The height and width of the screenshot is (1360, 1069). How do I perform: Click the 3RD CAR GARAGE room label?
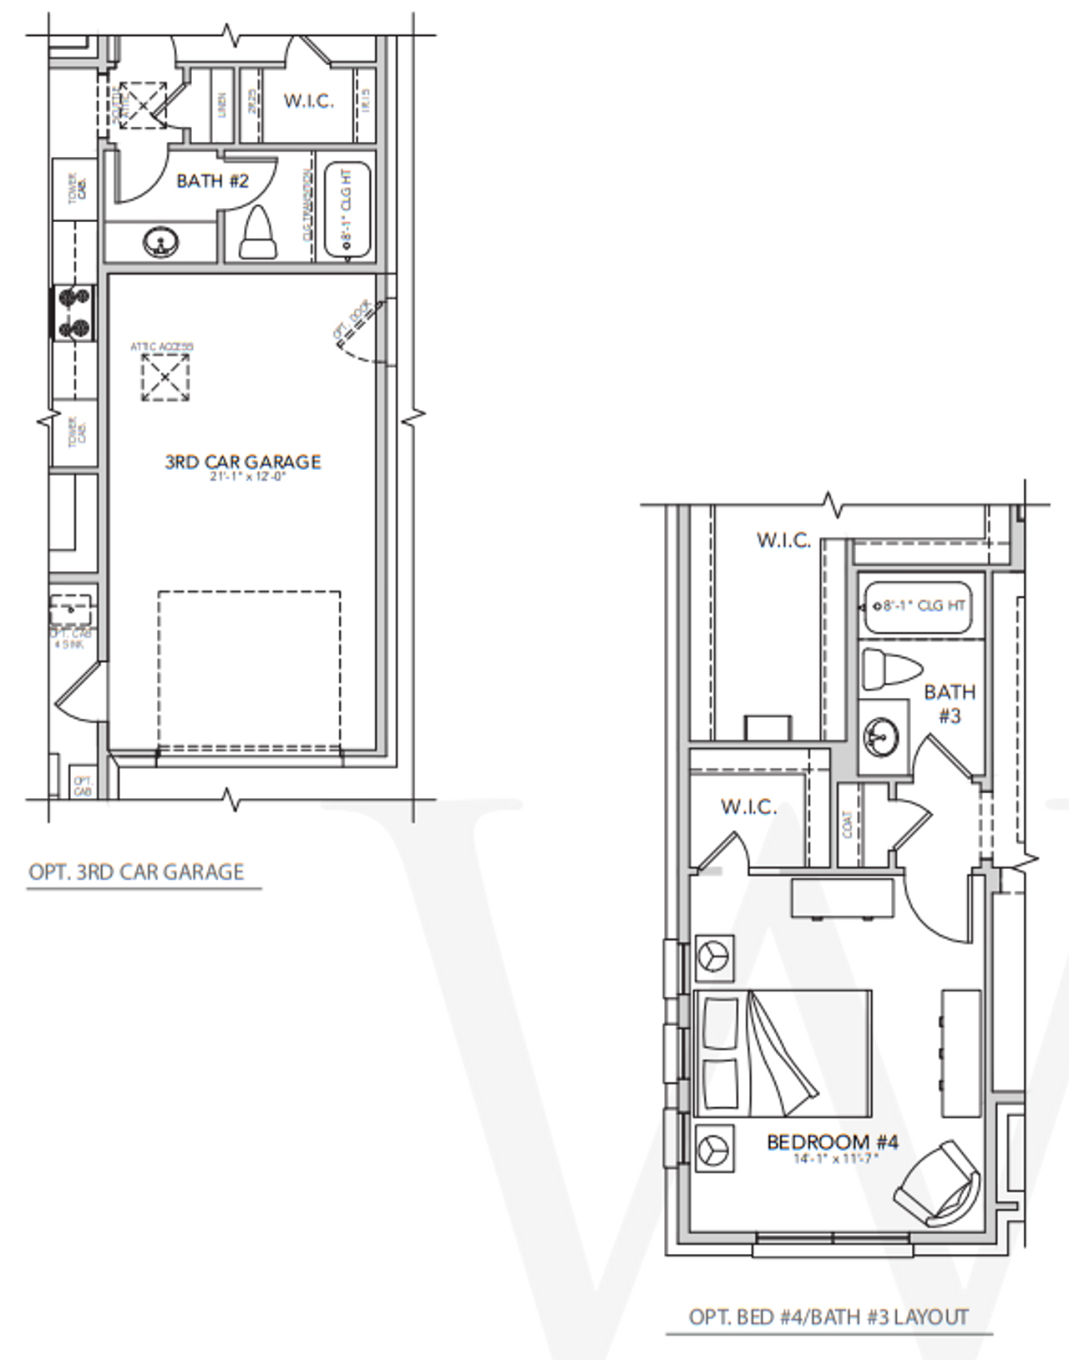(243, 462)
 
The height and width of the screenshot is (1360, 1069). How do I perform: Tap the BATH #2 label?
(212, 181)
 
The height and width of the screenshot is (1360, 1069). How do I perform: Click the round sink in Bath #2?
(160, 242)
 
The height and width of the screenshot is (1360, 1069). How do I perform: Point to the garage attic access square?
(165, 377)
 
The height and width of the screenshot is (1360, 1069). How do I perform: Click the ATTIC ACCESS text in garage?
(162, 346)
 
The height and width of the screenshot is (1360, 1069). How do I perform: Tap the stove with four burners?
(74, 313)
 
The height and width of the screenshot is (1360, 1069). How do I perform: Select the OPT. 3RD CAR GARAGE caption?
(136, 872)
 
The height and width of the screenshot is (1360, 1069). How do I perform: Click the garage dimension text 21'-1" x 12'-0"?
(248, 478)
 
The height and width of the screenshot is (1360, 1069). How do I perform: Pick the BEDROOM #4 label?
(832, 1141)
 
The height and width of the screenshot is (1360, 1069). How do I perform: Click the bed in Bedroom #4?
(783, 1054)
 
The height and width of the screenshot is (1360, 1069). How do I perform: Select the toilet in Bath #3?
(890, 670)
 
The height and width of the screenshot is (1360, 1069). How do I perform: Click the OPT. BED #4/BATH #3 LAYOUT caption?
(828, 1317)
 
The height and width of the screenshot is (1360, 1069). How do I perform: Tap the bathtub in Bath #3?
(917, 607)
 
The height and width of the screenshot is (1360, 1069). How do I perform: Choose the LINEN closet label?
(222, 105)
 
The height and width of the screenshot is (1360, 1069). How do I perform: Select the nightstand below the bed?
(714, 1149)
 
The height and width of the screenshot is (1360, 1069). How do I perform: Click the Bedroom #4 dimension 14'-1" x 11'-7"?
(835, 1159)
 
